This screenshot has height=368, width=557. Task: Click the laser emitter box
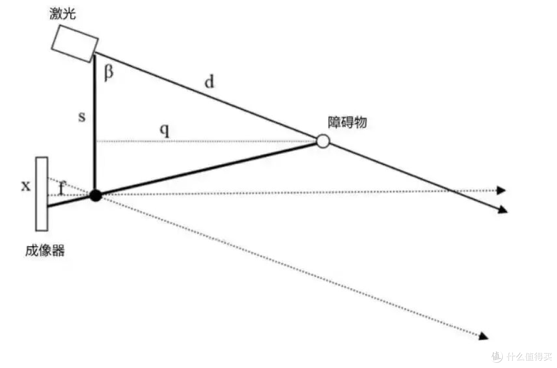pyautogui.click(x=75, y=44)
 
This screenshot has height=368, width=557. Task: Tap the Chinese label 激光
pyautogui.click(x=62, y=13)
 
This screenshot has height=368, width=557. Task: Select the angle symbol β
pyautogui.click(x=109, y=73)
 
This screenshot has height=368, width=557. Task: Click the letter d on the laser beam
pyautogui.click(x=209, y=82)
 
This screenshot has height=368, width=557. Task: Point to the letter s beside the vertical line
pyautogui.click(x=81, y=117)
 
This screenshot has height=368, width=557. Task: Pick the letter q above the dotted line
pyautogui.click(x=165, y=131)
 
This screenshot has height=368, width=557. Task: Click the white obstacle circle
pyautogui.click(x=323, y=141)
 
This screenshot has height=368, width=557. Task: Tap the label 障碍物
pyautogui.click(x=347, y=122)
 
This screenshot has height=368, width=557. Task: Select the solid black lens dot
pyautogui.click(x=95, y=195)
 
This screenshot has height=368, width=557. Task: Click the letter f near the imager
pyautogui.click(x=62, y=188)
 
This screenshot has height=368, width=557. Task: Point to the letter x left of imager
pyautogui.click(x=26, y=186)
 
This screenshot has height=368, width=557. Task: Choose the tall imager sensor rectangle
pyautogui.click(x=42, y=194)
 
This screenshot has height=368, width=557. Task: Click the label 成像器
pyautogui.click(x=45, y=251)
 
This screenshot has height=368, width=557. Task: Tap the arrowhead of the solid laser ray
pyautogui.click(x=503, y=210)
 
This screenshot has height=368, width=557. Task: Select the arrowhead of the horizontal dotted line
pyautogui.click(x=501, y=190)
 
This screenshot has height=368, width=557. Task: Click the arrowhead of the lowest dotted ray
pyautogui.click(x=484, y=336)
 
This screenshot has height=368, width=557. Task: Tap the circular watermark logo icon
pyautogui.click(x=497, y=356)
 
